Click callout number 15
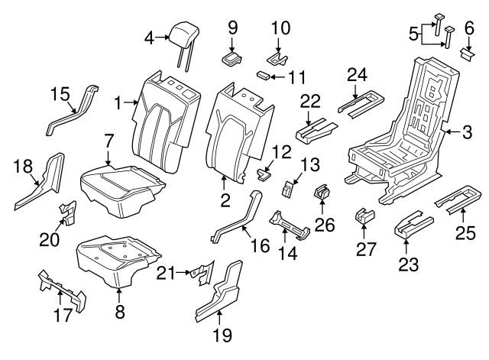click(60, 94)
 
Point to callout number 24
click(357, 74)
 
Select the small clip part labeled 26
click(321, 191)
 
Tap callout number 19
click(222, 334)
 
